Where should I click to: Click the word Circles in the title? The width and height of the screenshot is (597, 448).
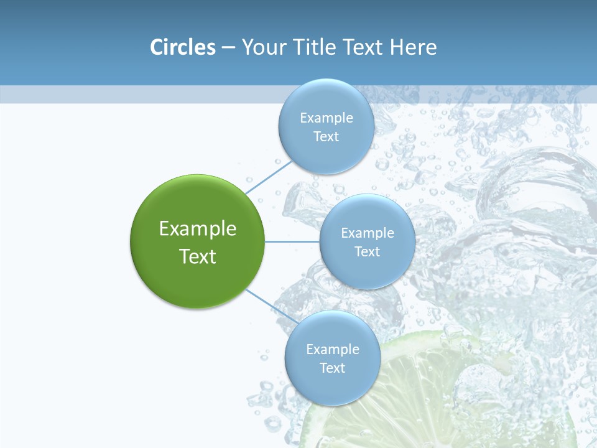(182, 47)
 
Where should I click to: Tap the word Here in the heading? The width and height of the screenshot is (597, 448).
(413, 47)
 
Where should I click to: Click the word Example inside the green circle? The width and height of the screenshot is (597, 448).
(198, 229)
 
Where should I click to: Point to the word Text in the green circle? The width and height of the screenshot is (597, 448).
(198, 256)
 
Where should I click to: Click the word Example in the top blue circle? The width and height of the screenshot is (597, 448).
(326, 118)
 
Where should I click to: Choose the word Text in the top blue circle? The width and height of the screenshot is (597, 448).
(326, 137)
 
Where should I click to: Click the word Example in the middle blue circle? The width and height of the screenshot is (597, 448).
(368, 233)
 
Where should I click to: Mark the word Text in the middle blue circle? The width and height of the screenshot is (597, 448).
(368, 252)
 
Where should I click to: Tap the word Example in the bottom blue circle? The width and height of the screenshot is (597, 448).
(333, 350)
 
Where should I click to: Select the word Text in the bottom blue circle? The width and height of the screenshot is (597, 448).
(333, 368)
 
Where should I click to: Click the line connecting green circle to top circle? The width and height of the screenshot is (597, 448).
(269, 177)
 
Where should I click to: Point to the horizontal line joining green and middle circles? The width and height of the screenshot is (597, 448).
(292, 241)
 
